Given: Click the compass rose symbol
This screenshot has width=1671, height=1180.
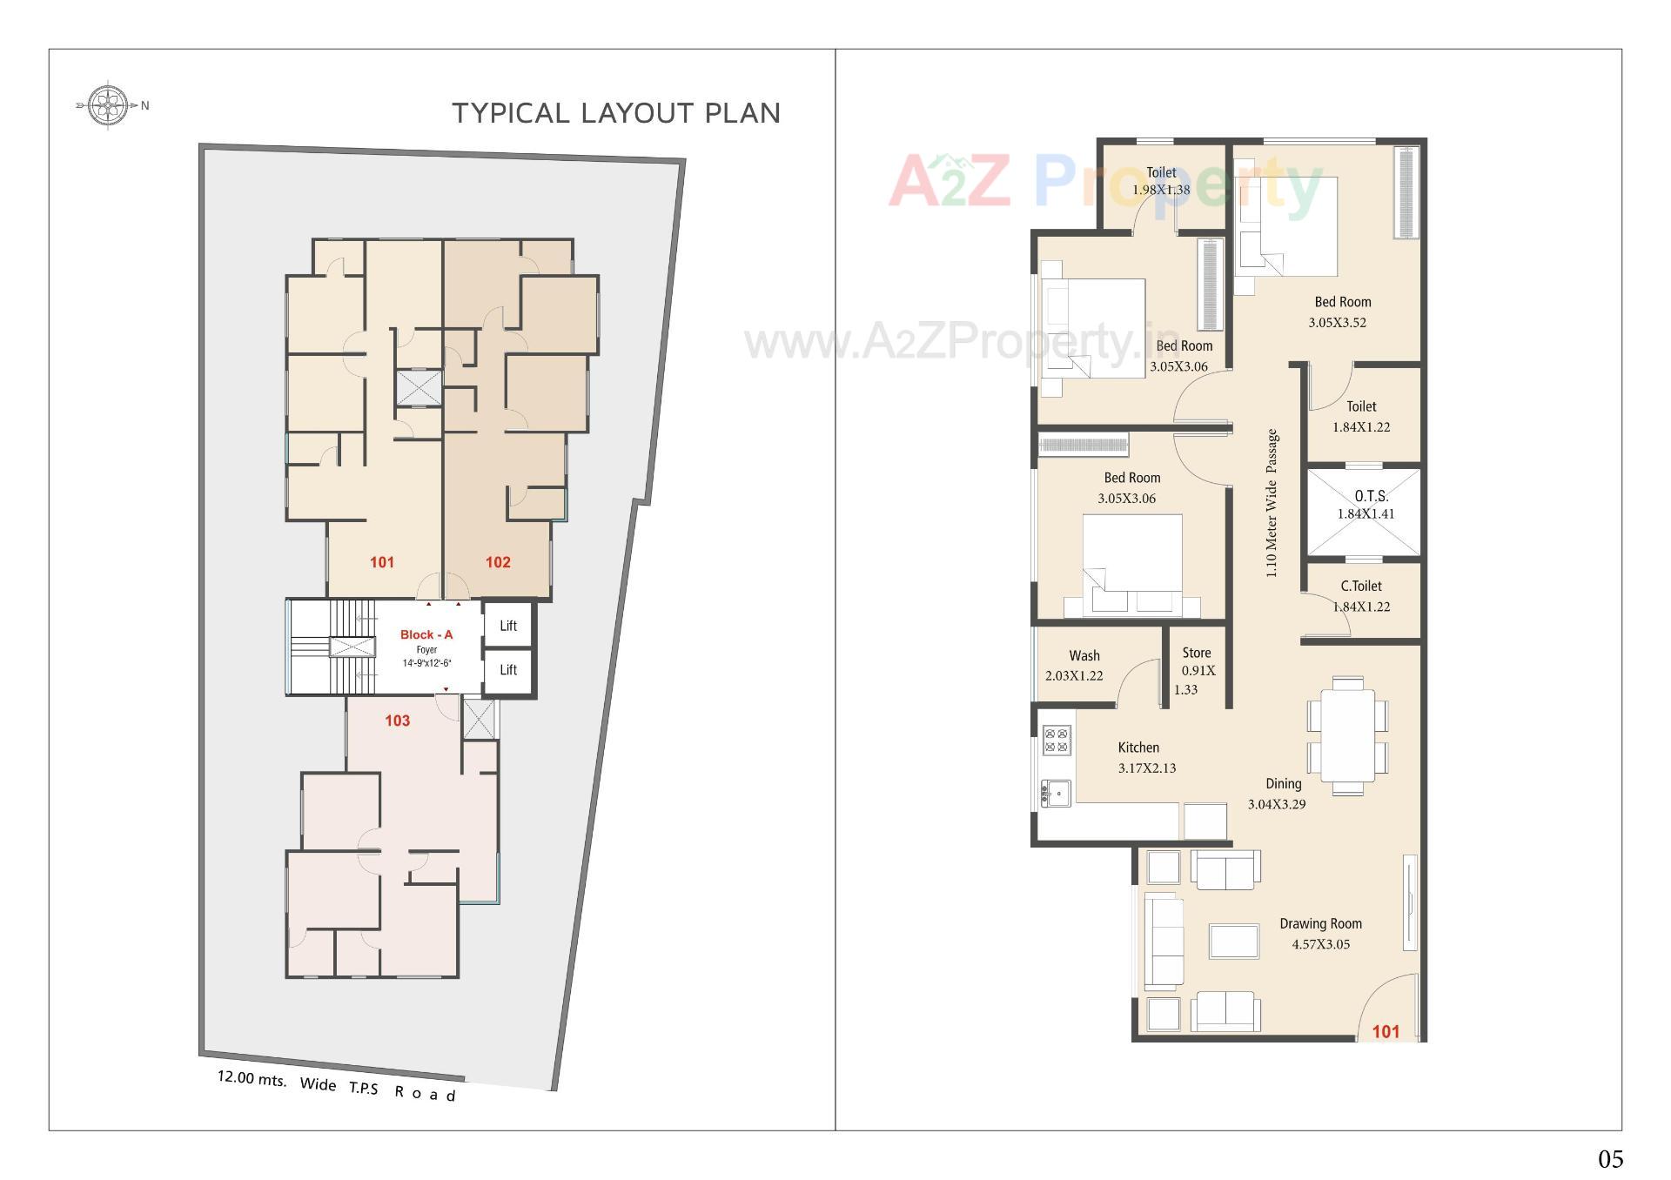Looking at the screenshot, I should coord(108,105).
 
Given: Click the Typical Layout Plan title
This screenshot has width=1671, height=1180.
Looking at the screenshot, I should coord(616,113).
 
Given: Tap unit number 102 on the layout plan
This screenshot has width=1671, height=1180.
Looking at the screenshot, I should coord(498,562).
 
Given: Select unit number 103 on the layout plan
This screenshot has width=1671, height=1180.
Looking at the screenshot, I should coord(398,721).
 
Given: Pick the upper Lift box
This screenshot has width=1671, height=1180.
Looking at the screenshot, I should coord(508,626).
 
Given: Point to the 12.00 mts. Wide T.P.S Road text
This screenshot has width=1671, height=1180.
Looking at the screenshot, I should coord(336,1085).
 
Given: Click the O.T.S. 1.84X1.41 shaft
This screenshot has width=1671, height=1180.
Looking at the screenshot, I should coord(1365,512).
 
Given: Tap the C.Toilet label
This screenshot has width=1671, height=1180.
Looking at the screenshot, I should coord(1361,587).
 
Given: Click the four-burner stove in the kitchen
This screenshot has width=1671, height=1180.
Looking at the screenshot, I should coord(1057,741).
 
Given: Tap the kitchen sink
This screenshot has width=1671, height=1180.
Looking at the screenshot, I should coord(1056,793).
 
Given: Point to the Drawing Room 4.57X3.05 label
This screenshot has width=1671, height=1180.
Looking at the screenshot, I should coord(1320,934).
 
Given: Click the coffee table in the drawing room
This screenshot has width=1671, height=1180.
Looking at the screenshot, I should coord(1234,942).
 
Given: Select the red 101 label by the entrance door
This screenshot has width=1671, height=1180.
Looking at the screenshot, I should coord(1386,1031).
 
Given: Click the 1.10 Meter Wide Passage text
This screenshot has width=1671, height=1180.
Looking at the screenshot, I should coord(1272,503).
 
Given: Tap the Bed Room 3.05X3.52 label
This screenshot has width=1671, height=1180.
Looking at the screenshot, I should coord(1341,312).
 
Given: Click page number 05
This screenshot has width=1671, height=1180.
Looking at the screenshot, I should coord(1610,1158).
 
